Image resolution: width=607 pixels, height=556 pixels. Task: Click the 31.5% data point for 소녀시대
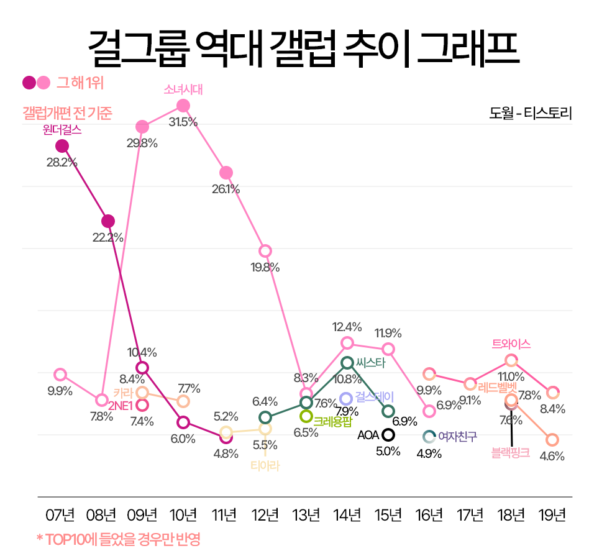(183, 106)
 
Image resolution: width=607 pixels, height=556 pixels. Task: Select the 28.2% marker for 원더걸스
(62, 146)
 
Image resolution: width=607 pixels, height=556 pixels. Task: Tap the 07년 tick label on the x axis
(60, 516)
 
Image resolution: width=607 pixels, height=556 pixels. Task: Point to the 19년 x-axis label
(552, 516)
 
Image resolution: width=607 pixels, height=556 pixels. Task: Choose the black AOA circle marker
(389, 435)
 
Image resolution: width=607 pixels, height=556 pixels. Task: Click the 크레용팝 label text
(333, 421)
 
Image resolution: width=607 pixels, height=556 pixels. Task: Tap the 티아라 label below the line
(265, 465)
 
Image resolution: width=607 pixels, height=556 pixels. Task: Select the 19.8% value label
(265, 267)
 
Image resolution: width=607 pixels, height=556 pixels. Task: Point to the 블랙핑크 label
(511, 453)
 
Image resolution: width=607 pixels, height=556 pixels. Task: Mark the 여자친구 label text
(458, 436)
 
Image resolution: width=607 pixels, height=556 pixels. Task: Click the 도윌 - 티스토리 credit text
(530, 114)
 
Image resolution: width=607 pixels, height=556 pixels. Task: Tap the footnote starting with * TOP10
(119, 538)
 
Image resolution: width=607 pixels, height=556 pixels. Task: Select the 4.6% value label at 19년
(552, 457)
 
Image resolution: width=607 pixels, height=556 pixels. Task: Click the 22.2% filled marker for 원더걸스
(108, 221)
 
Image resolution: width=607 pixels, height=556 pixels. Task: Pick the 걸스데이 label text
(375, 397)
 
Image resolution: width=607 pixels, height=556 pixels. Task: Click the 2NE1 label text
(121, 406)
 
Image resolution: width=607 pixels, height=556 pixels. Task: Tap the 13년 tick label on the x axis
(306, 516)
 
